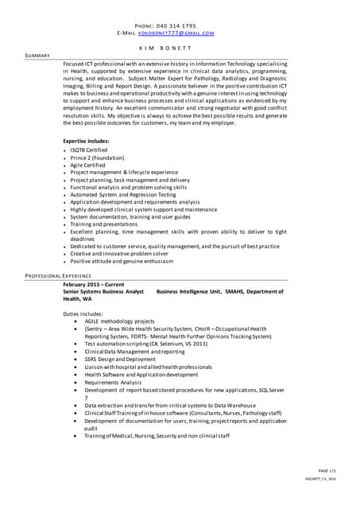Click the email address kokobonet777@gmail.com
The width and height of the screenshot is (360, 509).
[176, 33]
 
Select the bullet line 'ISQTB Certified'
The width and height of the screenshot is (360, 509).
[88, 150]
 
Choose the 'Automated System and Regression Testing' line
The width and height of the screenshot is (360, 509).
[123, 195]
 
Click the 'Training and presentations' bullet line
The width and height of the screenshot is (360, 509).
[103, 224]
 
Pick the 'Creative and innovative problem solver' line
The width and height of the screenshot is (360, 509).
[118, 254]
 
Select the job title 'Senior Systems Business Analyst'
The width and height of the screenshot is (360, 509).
[103, 292]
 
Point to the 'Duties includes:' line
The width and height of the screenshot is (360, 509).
[83, 314]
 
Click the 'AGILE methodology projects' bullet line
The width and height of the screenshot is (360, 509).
[119, 321]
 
